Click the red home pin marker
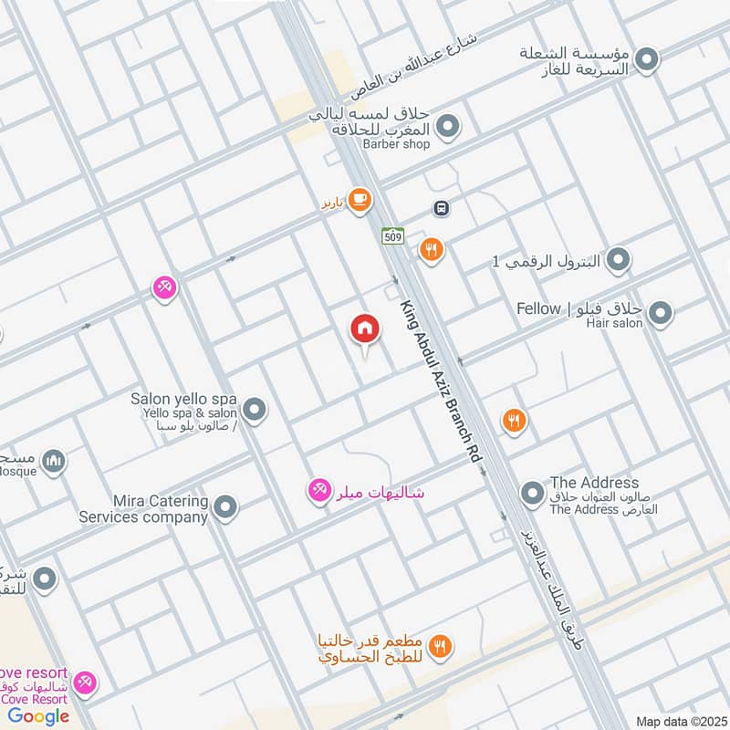(365, 329)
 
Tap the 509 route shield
(392, 236)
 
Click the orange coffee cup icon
(360, 200)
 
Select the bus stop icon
(442, 208)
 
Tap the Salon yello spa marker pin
(255, 410)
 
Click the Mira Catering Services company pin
(225, 506)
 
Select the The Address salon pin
(532, 495)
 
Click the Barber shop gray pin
(447, 127)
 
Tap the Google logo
(38, 716)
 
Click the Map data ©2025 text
(679, 722)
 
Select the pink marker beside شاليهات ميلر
(319, 491)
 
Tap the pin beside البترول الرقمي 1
(619, 260)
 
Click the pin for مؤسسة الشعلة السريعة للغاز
(648, 60)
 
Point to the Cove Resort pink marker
(85, 682)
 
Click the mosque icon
(54, 461)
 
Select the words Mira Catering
(160, 501)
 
